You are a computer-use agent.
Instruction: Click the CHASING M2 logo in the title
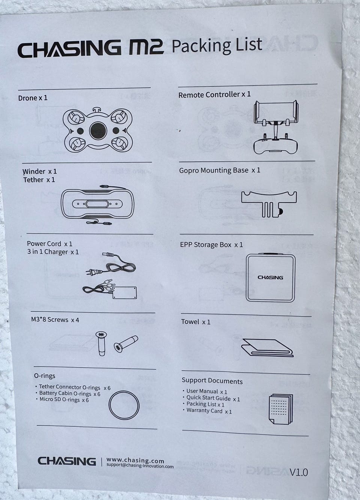91,48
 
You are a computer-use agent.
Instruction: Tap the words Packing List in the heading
217,46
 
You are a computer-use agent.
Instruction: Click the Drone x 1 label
33,98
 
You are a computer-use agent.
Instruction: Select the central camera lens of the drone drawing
98,131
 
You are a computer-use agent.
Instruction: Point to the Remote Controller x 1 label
214,95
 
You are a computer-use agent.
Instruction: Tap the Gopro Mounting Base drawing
269,204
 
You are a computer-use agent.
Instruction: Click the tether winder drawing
97,204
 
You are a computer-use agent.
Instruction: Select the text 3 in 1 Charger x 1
53,252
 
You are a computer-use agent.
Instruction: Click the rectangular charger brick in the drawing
124,293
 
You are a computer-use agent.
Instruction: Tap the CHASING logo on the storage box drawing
270,278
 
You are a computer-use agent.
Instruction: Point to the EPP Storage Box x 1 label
211,245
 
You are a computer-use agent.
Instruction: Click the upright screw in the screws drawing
102,344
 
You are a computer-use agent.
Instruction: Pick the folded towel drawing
267,348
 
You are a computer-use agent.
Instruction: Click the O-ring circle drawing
124,406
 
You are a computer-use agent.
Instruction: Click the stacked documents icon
281,409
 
